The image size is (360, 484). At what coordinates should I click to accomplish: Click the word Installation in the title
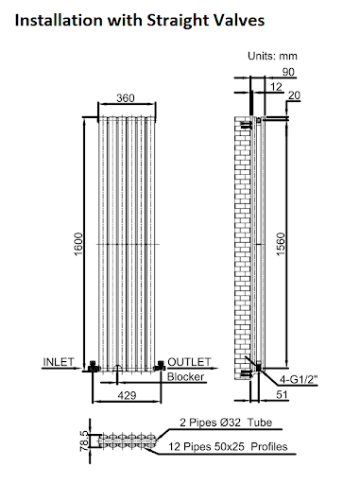(x=46, y=18)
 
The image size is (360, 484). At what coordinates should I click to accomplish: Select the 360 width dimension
(x=124, y=98)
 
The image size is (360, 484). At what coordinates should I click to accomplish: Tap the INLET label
(x=60, y=362)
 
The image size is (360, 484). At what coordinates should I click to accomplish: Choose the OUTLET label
(x=189, y=362)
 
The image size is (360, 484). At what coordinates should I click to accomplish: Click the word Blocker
(x=186, y=377)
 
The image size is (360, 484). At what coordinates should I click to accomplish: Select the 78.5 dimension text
(x=83, y=441)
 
